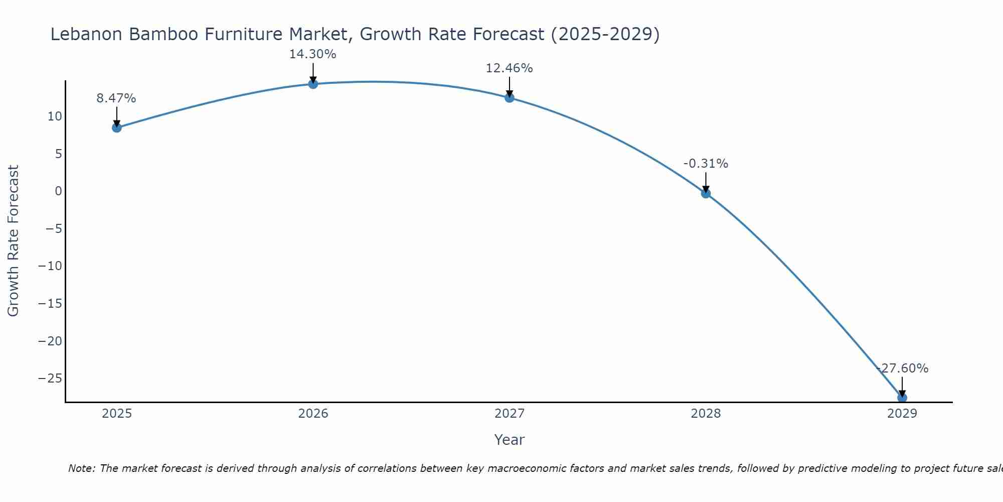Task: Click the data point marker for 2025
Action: point(117,128)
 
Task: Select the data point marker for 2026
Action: point(313,84)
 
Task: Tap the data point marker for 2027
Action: point(510,98)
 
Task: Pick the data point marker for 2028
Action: point(706,193)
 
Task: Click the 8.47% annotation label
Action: point(116,98)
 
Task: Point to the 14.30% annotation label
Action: point(312,54)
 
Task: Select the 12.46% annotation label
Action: point(509,68)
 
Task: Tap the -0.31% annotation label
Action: point(706,164)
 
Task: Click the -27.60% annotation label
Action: point(902,368)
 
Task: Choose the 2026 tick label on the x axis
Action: point(313,414)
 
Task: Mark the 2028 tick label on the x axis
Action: point(706,414)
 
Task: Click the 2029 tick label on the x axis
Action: point(902,414)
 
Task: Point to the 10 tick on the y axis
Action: point(55,116)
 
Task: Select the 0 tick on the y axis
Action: point(59,191)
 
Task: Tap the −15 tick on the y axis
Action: point(50,304)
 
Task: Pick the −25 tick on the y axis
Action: point(50,379)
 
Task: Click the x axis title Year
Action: point(510,440)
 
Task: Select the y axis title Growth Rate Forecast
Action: point(14,241)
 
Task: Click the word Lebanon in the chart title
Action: point(86,35)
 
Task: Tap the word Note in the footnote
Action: point(81,468)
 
